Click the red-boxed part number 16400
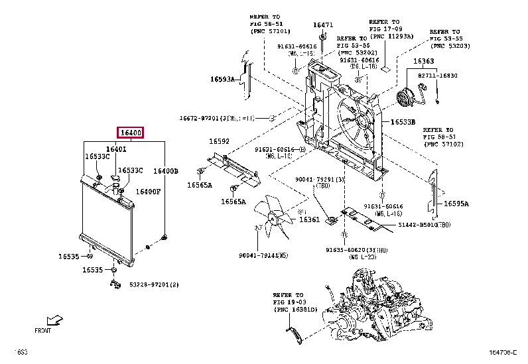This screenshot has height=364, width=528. (131, 133)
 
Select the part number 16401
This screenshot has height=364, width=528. (116, 150)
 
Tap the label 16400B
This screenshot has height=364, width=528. (166, 171)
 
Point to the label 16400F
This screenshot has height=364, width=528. (148, 192)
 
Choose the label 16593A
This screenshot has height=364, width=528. (223, 79)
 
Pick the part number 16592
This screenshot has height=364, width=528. (220, 141)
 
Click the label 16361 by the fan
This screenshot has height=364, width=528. (308, 219)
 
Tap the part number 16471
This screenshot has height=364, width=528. (322, 25)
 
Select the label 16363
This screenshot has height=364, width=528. (424, 62)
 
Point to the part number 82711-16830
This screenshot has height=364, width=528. (438, 76)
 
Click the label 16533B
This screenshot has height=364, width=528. (403, 122)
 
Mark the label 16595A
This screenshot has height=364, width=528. (456, 204)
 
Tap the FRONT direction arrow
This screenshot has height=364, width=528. (56, 320)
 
